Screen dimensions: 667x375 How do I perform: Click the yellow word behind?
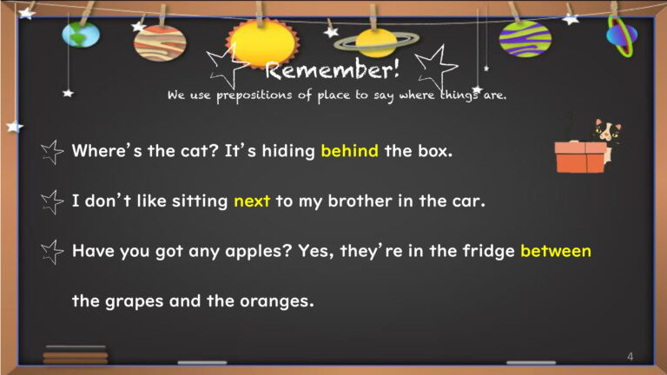[349, 150]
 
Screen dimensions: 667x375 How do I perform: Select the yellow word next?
[252, 201]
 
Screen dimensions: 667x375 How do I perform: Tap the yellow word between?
[556, 251]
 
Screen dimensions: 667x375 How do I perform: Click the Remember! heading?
[333, 69]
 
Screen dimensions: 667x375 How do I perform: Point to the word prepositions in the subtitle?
[254, 95]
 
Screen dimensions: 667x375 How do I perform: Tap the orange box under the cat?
[581, 157]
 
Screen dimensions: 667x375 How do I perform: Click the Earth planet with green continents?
[81, 35]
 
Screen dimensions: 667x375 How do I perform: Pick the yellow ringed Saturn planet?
[376, 42]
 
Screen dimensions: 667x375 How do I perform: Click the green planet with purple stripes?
[525, 39]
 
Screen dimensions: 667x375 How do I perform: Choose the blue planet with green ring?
[622, 36]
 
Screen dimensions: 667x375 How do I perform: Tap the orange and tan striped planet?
[160, 43]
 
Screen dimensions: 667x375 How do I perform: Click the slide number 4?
[630, 356]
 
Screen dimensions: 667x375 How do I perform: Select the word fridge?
[489, 251]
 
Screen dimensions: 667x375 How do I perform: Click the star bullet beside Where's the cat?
[52, 152]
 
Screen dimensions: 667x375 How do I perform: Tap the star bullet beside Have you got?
[52, 252]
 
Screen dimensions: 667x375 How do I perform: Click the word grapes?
[134, 301]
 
